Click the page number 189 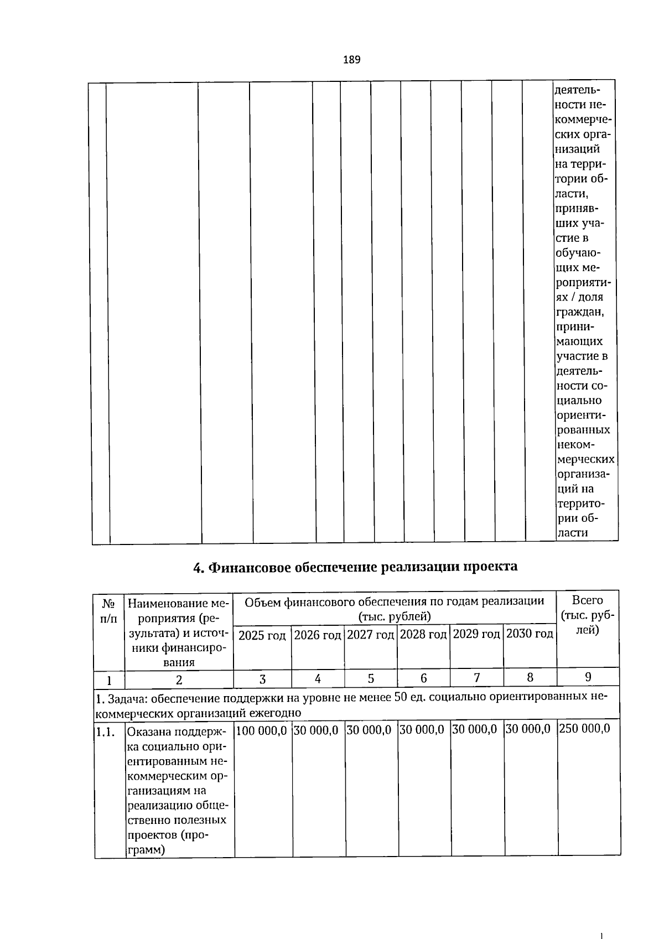pos(351,60)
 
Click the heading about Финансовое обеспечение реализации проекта pos(355,567)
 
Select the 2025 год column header pos(262,635)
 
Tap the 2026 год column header pos(318,635)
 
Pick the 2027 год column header pos(370,635)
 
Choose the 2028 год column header pos(423,634)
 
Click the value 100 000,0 pos(261,730)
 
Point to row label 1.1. pos(105,733)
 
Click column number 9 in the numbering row pos(588,677)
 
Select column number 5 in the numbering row pos(371,678)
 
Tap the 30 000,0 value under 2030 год pos(528,729)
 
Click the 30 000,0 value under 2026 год pos(316,730)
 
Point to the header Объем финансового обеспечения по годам pos(394,602)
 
